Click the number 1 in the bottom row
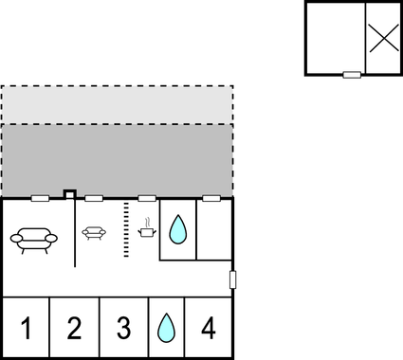tap(26, 329)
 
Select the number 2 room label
tap(74, 329)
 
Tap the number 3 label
tap(123, 329)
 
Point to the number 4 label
tap(209, 329)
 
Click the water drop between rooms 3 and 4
tap(166, 328)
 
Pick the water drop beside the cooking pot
tap(176, 229)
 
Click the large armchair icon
tap(34, 238)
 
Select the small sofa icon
tap(94, 231)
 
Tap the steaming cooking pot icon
tap(147, 227)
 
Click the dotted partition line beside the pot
tap(126, 230)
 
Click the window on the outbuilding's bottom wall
tap(352, 74)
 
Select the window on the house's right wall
tap(232, 279)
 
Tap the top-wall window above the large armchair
tap(40, 199)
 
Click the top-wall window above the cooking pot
tap(147, 199)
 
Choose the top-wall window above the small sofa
tap(94, 199)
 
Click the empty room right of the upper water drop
tap(214, 229)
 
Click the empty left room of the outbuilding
tap(335, 38)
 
